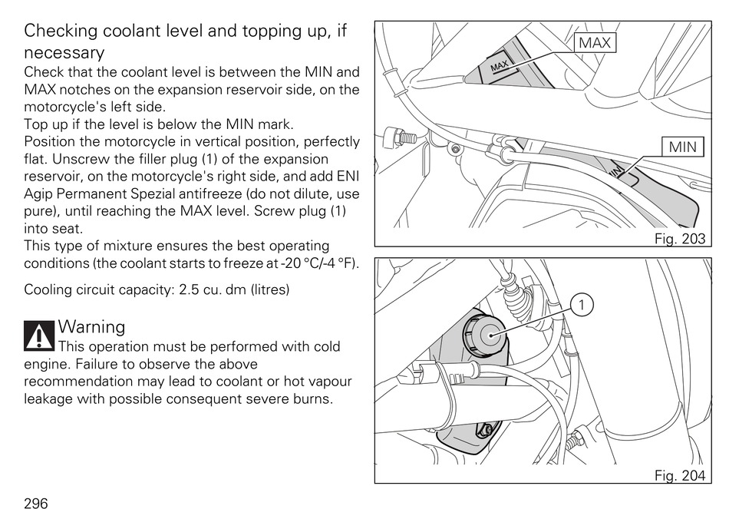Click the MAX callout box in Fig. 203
(595, 43)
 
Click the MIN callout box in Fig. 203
(682, 146)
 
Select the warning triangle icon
(38, 335)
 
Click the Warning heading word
(91, 326)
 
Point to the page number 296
(36, 503)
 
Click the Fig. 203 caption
(679, 239)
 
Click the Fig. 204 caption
(679, 475)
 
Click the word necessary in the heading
(64, 53)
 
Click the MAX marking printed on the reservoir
(499, 68)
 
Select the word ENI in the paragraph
(347, 177)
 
